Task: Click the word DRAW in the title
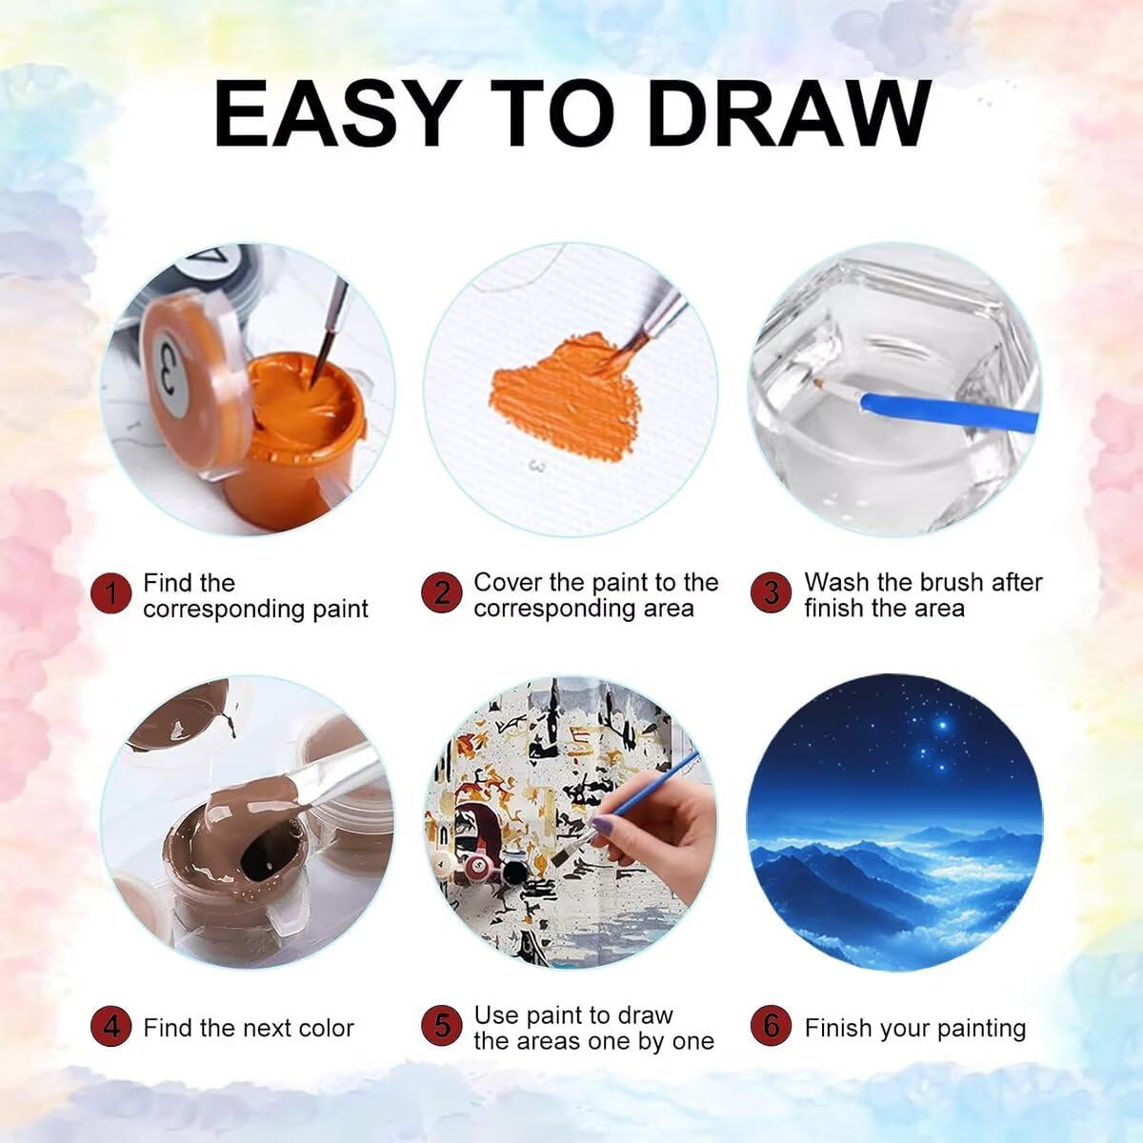790,114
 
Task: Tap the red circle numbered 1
110,593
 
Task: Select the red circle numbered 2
441,592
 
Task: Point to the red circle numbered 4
110,1026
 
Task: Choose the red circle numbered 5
441,1026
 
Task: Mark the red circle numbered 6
771,1026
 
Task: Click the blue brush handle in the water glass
948,410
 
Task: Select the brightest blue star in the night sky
943,725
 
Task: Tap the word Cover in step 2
508,583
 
